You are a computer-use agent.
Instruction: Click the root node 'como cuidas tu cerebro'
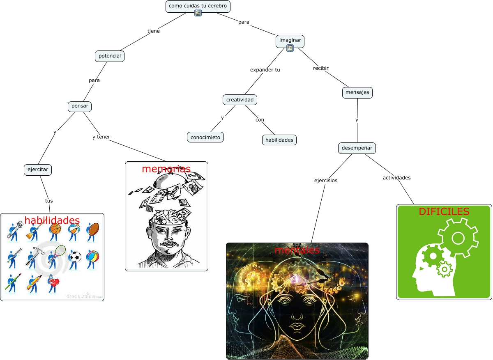pos(198,6)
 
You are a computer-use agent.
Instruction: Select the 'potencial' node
pos(110,56)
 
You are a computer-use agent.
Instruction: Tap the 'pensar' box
pos(79,106)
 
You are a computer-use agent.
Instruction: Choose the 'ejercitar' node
pos(38,169)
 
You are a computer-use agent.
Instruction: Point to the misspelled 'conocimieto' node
pos(205,137)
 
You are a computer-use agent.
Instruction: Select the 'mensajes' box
pos(357,92)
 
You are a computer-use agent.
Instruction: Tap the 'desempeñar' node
pos(357,148)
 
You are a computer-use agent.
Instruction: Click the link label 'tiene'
pos(154,31)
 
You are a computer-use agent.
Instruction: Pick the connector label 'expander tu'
pos(265,70)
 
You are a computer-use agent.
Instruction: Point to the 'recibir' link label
pos(321,68)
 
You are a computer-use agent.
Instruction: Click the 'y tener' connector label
pos(101,137)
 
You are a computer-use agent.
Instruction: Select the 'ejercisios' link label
pos(326,180)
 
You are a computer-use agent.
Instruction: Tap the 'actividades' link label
pos(396,178)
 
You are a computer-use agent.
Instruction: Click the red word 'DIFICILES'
pos(444,211)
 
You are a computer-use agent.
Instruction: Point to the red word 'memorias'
pos(166,169)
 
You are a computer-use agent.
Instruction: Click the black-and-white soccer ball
pos(75,257)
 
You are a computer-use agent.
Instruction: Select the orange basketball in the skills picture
pos(55,228)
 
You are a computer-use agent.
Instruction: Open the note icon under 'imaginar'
pos(290,48)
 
